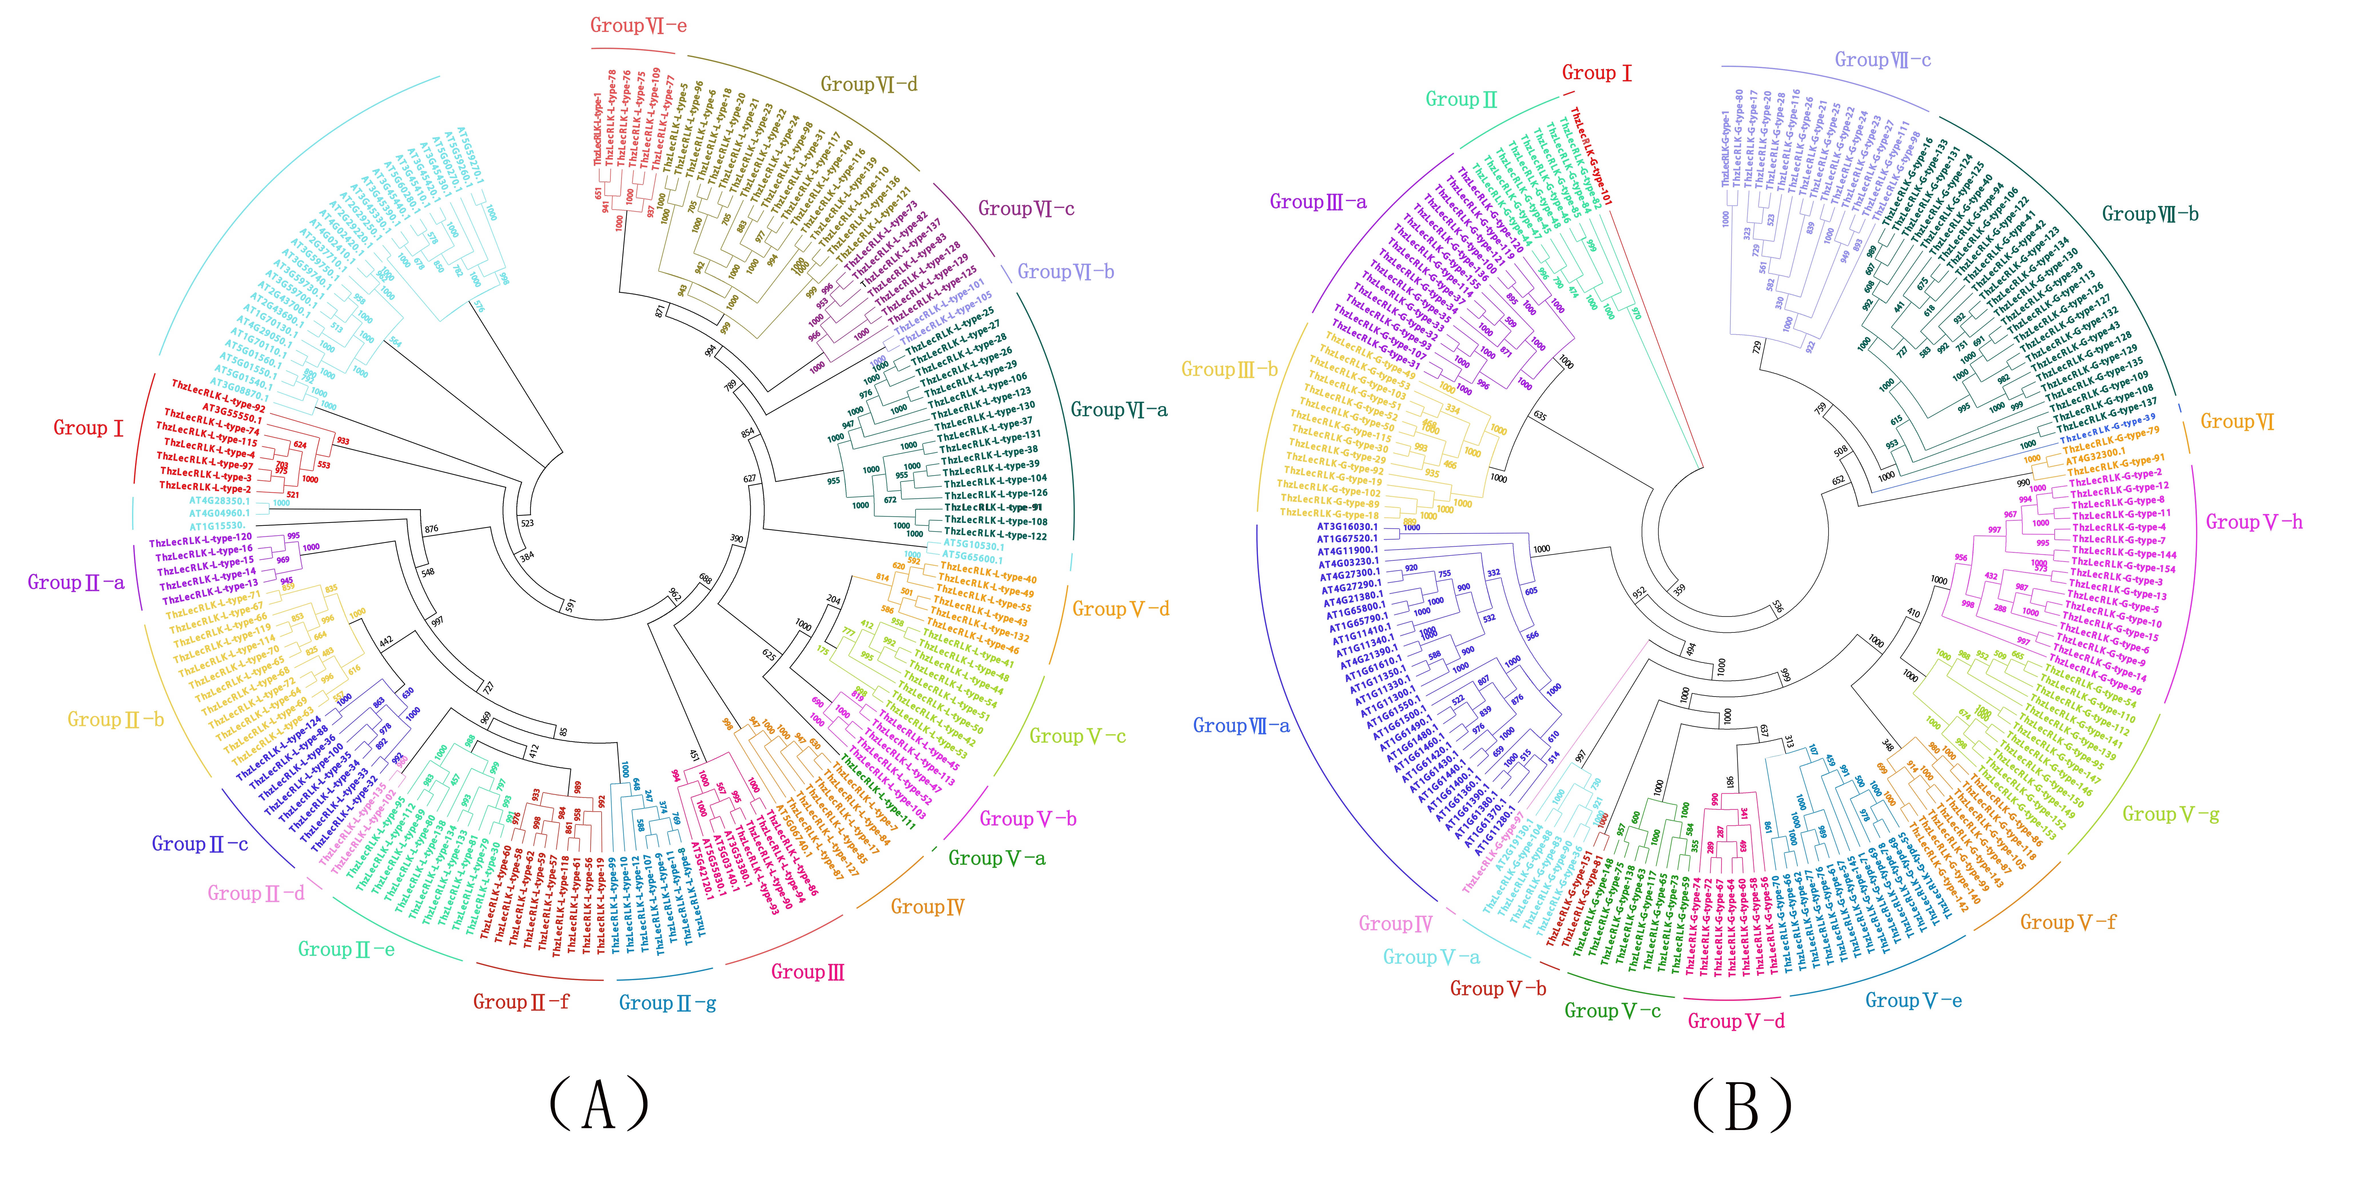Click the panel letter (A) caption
598,1104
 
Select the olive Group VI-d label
868,84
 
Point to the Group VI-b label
1065,272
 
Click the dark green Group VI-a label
1119,410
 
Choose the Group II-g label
667,1003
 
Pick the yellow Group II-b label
116,719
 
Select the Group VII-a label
1241,726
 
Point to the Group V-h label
2254,522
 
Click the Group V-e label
1913,1000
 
